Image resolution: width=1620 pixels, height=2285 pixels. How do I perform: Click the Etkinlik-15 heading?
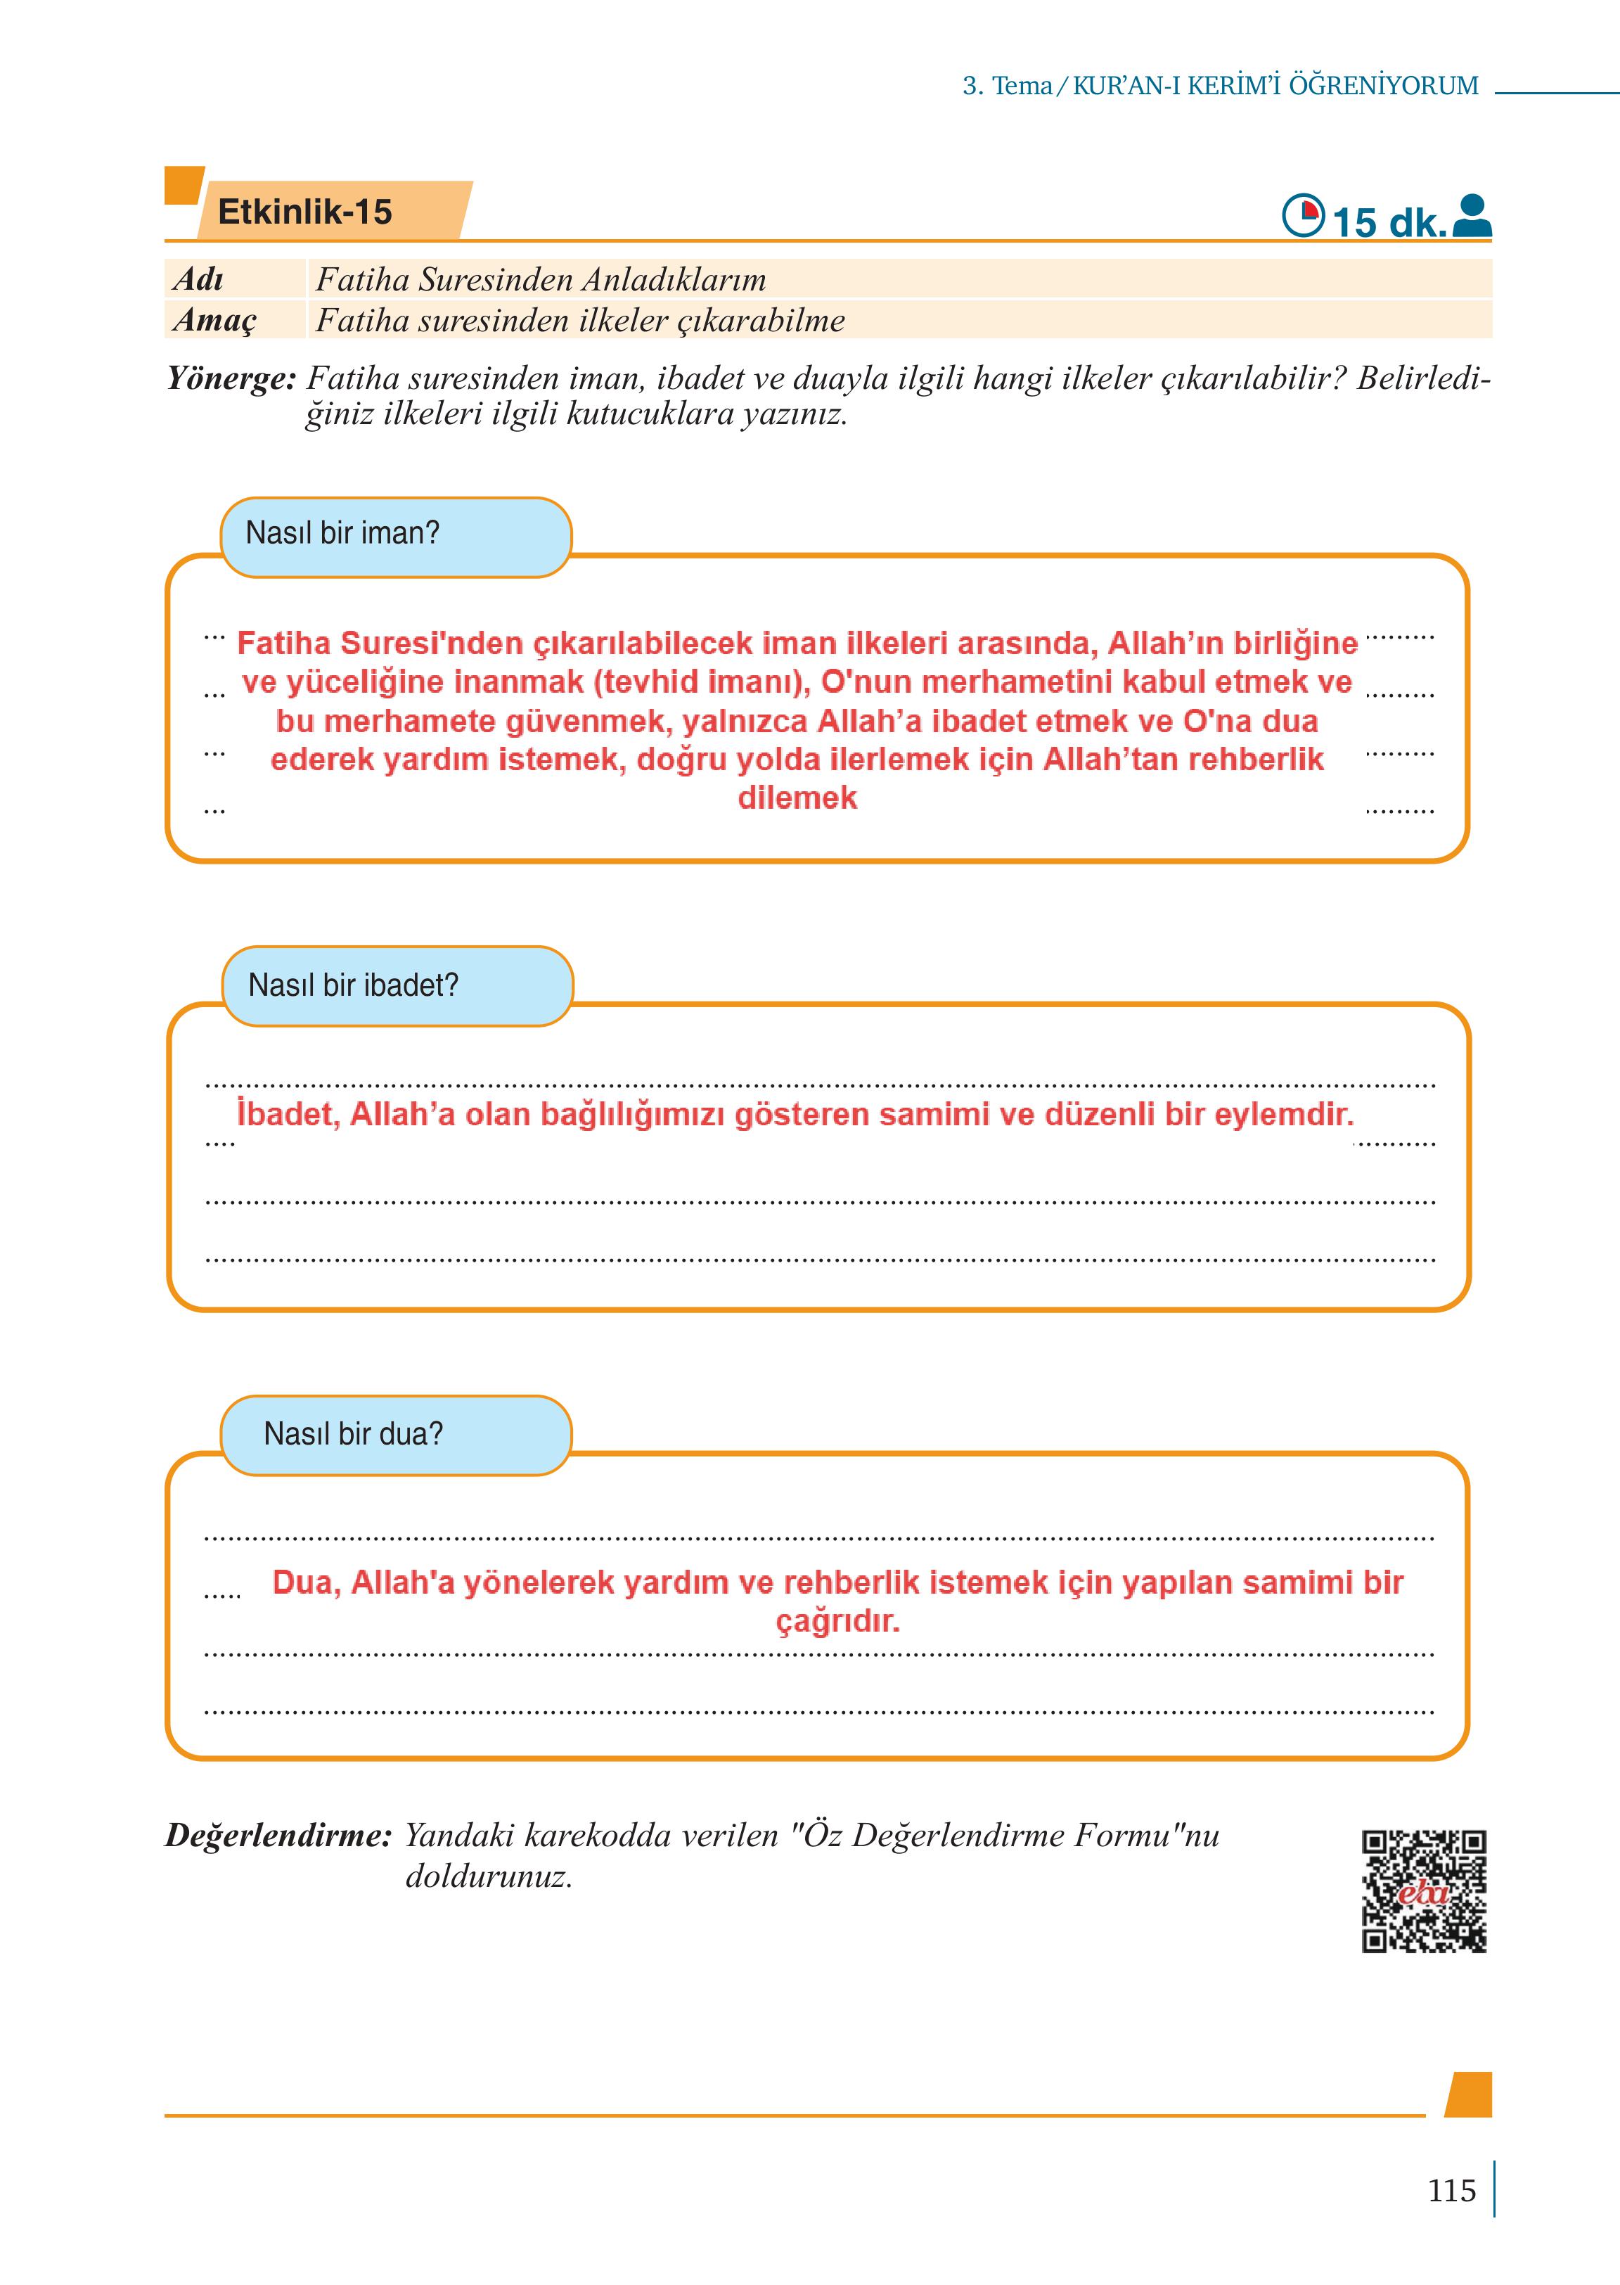304,212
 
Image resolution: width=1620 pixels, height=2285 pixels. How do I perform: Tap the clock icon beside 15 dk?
1301,215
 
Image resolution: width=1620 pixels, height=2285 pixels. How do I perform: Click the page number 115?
1451,2190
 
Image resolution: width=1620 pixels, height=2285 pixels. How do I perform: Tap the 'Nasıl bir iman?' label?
342,534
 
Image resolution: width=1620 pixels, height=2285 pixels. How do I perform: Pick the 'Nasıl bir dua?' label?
353,1434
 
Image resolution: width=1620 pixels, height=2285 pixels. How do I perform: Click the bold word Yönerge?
231,379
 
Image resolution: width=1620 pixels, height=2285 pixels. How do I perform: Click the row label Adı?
198,279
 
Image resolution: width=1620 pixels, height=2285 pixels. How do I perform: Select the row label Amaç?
214,320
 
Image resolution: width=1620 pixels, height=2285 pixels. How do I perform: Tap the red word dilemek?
797,798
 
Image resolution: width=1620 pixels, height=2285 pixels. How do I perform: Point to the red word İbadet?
288,1113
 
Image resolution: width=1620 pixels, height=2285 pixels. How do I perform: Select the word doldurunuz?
489,1877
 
